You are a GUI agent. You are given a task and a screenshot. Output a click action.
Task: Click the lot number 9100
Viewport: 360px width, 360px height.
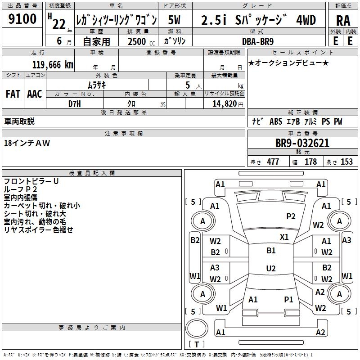(22, 19)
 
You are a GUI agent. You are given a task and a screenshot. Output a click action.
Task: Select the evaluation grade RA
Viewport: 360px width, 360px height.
(343, 21)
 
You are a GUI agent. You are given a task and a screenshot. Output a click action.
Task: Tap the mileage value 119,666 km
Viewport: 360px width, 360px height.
(53, 64)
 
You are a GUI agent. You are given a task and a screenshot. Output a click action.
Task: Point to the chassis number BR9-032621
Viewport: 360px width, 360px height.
(302, 143)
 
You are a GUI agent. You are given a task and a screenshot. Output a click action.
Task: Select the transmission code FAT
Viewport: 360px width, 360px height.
(13, 94)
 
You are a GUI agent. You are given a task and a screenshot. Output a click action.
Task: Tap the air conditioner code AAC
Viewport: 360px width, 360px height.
(35, 94)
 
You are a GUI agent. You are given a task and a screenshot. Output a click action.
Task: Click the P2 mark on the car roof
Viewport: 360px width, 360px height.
(291, 216)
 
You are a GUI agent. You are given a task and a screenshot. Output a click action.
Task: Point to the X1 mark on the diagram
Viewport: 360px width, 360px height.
(284, 237)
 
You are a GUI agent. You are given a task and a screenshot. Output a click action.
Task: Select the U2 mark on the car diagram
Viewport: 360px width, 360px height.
(271, 269)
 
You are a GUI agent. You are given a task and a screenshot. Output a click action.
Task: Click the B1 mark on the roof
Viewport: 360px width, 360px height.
(271, 251)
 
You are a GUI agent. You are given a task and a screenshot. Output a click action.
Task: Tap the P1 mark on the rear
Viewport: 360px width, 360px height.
(288, 299)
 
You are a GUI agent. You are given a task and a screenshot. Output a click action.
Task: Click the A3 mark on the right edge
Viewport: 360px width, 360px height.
(346, 240)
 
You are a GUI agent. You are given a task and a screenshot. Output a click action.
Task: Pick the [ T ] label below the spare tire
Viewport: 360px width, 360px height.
(196, 344)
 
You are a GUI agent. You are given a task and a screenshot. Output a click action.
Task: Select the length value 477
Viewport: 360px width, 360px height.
(273, 162)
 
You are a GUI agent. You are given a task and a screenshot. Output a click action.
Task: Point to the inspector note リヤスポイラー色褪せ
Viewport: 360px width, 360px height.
(38, 229)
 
